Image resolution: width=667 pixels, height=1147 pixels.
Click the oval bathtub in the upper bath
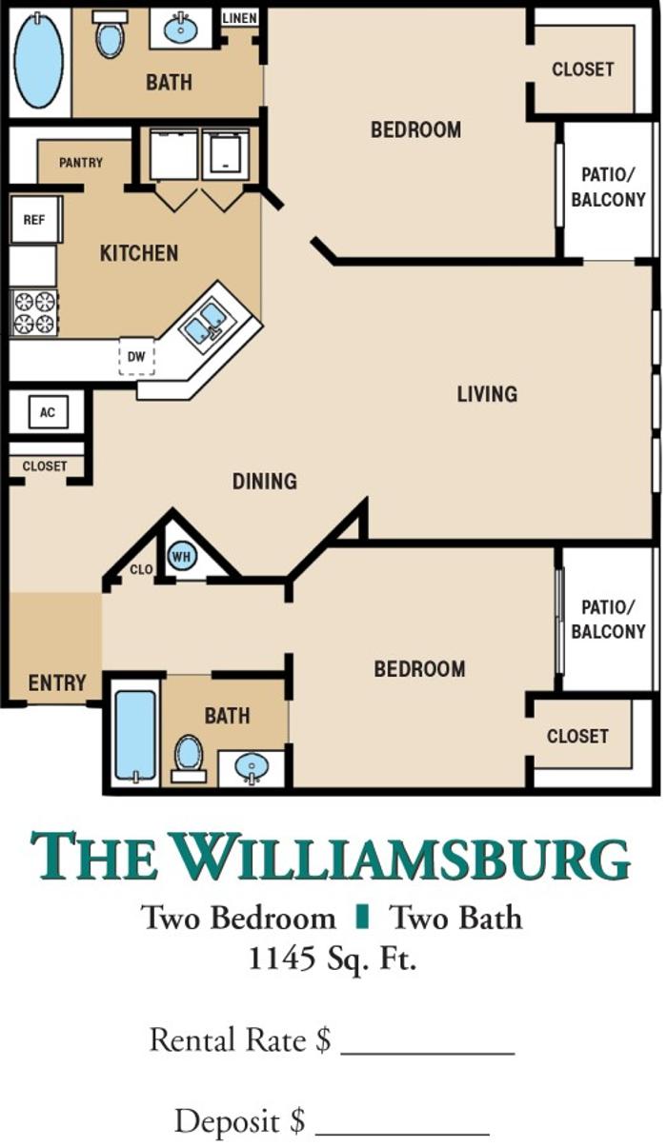pos(39,60)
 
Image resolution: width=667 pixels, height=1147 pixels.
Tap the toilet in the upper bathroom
pos(110,34)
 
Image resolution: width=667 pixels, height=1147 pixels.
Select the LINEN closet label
pos(239,18)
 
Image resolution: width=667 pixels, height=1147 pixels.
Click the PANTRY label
pos(80,163)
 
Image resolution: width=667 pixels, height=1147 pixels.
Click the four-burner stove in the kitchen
pos(34,312)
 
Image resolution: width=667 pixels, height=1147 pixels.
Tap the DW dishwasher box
pos(136,356)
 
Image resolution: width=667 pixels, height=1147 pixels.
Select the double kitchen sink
pos(207,323)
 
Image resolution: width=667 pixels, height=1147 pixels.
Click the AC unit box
pos(48,412)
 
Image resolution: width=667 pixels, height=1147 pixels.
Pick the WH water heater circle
pos(181,556)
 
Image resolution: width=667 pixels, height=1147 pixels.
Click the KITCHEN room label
pos(139,253)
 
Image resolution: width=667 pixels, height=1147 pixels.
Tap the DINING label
pos(265,482)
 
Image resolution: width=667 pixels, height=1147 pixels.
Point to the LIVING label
pos(487,394)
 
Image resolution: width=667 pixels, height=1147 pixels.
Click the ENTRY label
pos(57,683)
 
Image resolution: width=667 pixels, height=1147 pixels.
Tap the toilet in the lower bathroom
pos(189,760)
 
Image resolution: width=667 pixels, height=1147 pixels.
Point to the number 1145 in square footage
pos(281,958)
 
